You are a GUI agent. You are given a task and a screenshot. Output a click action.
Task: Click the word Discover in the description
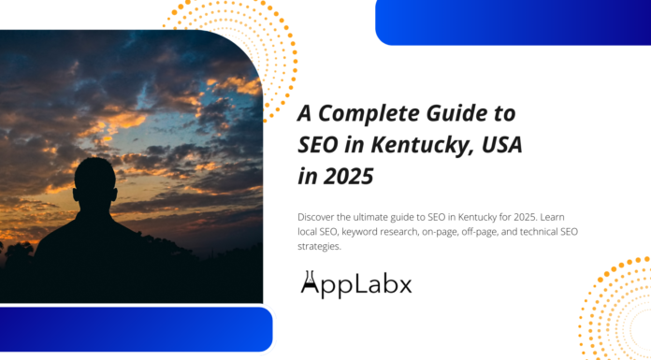318,216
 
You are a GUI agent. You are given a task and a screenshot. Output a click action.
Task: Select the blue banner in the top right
513,22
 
